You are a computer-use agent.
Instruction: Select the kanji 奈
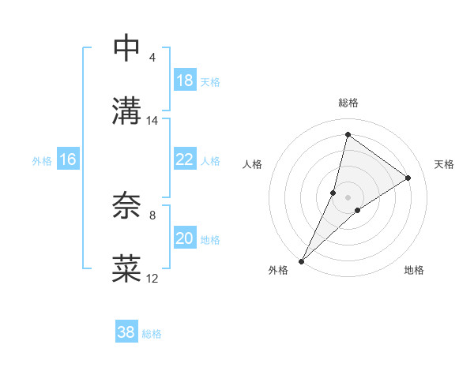pos(127,207)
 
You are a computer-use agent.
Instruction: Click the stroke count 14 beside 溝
pos(152,121)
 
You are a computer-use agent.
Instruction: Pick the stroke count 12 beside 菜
pos(152,279)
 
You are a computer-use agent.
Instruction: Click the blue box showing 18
pos(184,81)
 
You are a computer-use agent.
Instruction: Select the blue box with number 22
pos(184,159)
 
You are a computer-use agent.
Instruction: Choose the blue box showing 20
pos(184,238)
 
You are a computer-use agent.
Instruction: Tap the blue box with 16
pos(68,159)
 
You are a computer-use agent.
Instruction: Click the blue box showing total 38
pos(126,332)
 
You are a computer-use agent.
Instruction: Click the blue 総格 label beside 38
pos(152,334)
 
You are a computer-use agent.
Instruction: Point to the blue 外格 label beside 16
pos(42,161)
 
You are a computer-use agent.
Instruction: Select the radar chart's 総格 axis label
pos(348,103)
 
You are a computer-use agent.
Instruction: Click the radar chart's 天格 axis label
pos(444,164)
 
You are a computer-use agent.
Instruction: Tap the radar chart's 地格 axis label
pos(414,271)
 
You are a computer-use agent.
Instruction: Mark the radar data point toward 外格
pos(301,260)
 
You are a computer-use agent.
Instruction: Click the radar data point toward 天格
pos(408,178)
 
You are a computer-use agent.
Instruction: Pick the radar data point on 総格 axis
pos(348,134)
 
